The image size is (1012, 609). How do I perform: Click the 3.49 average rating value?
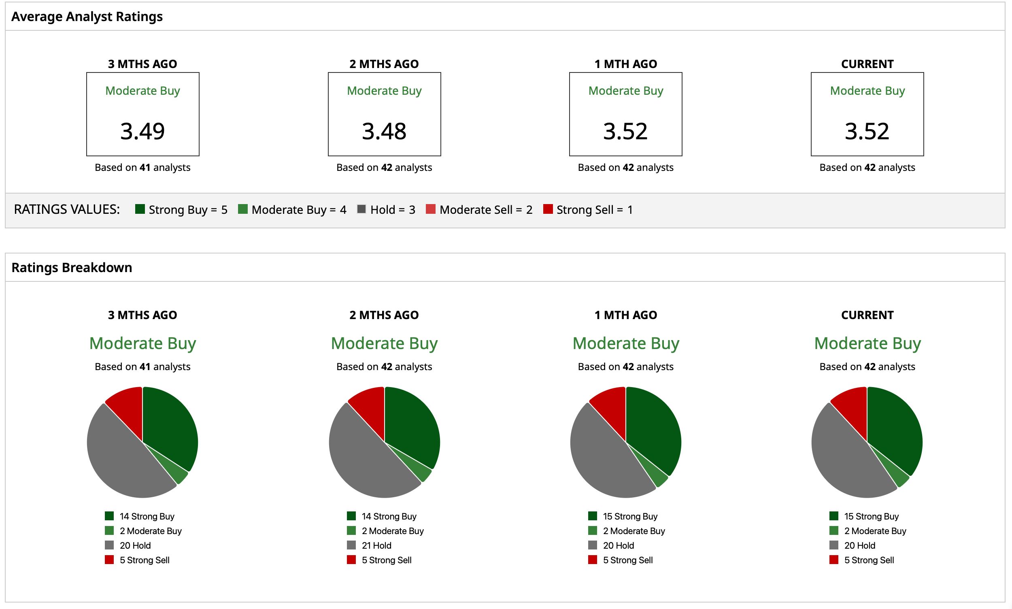tap(142, 131)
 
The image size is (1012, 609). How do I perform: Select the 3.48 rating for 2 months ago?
tap(384, 131)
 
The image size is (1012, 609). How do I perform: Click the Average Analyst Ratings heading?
tap(87, 17)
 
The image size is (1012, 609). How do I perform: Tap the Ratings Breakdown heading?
tap(72, 268)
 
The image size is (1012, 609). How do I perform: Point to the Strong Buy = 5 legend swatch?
tap(140, 209)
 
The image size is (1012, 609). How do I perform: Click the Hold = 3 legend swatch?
tap(361, 209)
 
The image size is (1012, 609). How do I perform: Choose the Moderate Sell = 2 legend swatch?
tap(430, 209)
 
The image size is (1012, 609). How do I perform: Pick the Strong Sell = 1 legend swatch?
tap(548, 209)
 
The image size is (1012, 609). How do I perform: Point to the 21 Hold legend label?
tap(376, 545)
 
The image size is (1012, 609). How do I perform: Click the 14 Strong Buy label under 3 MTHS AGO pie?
tap(147, 516)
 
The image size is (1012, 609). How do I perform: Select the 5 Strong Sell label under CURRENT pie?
tap(869, 560)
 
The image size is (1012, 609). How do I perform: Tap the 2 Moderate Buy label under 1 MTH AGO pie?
tap(634, 531)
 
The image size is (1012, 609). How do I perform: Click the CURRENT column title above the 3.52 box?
tap(867, 64)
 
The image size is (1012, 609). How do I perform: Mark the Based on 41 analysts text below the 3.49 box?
tap(142, 167)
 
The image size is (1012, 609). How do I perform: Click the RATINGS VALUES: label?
tap(67, 209)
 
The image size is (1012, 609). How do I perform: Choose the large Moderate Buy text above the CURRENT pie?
tap(867, 343)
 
